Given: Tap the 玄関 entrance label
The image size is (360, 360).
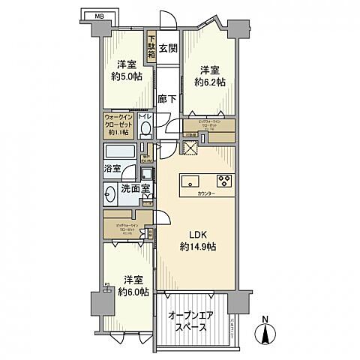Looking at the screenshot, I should [168, 50].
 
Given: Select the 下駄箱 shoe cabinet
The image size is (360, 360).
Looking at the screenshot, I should [151, 50].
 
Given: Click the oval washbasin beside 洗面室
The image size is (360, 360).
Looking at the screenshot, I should [111, 190].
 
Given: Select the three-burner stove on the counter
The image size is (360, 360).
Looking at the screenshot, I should [224, 180].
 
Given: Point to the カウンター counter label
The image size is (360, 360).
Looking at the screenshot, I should [205, 194].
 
